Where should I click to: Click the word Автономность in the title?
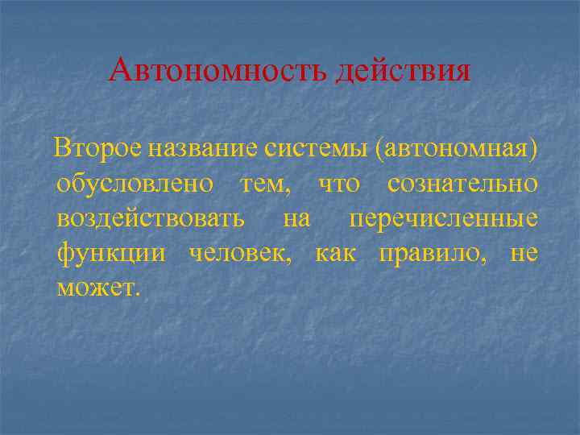coord(217,71)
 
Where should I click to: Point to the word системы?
coord(309,149)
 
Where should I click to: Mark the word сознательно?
coord(462,184)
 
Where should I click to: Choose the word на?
coord(297,219)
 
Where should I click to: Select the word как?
coord(336,254)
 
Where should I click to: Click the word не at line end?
coord(524,254)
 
